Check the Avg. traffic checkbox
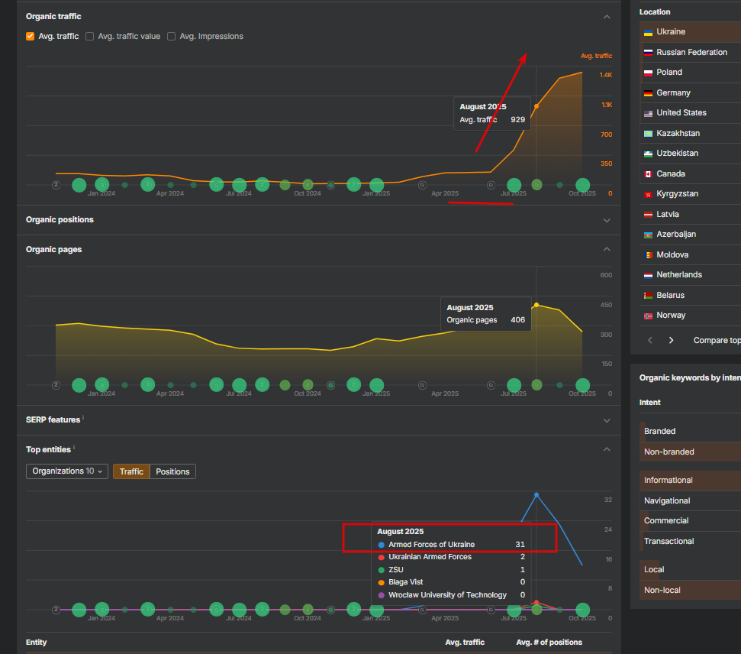coord(31,36)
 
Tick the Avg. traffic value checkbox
coord(90,36)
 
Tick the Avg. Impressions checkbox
coord(172,36)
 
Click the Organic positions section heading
coord(60,219)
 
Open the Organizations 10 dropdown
coord(67,471)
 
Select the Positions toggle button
coord(172,471)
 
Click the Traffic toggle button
coord(131,471)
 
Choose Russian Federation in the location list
coord(691,52)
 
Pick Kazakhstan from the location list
coord(678,133)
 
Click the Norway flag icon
coord(648,316)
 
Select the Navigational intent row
coord(667,500)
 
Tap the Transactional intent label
coord(669,541)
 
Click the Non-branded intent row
coord(669,452)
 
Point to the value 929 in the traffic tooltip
coord(517,119)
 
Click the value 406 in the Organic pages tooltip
coord(517,319)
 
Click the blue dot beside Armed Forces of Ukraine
coord(382,545)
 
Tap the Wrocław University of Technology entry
coord(447,594)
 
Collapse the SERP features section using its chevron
coord(607,420)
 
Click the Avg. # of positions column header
coord(549,643)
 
